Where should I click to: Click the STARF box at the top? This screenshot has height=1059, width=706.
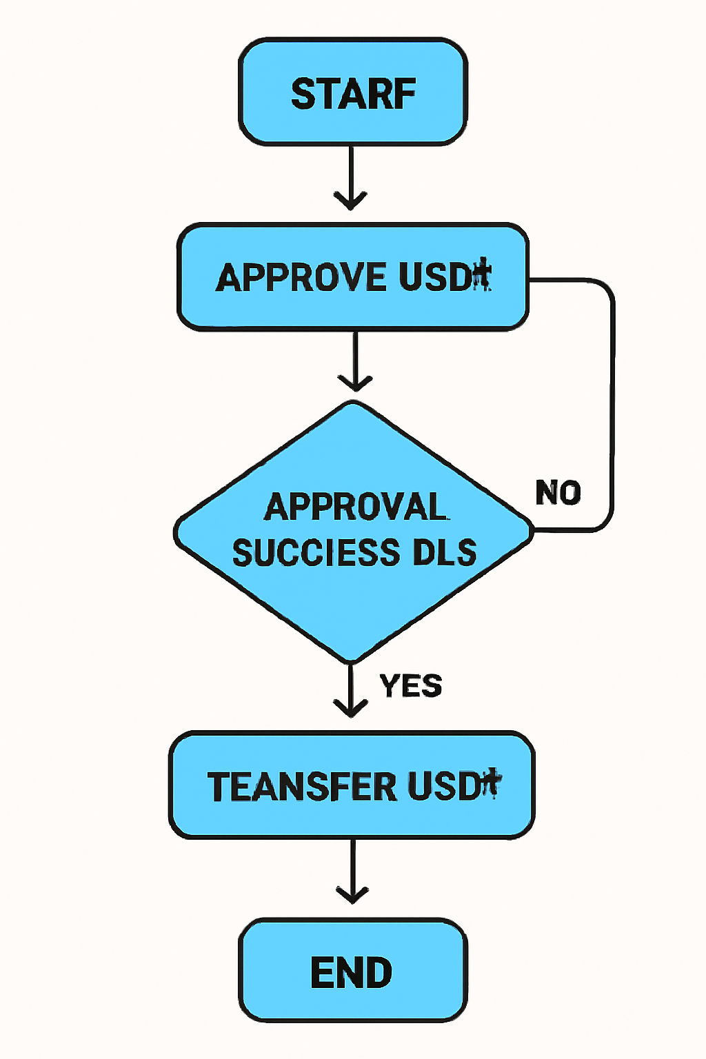click(353, 92)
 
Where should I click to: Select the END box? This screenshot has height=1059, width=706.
click(352, 971)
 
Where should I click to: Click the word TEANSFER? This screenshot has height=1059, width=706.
click(302, 786)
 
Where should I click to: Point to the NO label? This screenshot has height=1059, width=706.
click(558, 493)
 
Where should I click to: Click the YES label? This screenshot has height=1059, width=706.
click(411, 685)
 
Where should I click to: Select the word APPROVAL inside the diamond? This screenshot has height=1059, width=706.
click(355, 507)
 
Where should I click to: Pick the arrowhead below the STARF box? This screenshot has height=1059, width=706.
click(350, 201)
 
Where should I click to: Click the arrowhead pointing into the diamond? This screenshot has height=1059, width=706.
click(354, 383)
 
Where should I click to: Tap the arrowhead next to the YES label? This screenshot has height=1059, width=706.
click(351, 708)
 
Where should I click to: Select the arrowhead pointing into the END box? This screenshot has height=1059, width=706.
click(352, 895)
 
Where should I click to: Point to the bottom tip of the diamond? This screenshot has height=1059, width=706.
click(351, 660)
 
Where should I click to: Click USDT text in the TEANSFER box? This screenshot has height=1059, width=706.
click(453, 786)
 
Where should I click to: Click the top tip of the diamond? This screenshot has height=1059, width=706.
click(354, 404)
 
